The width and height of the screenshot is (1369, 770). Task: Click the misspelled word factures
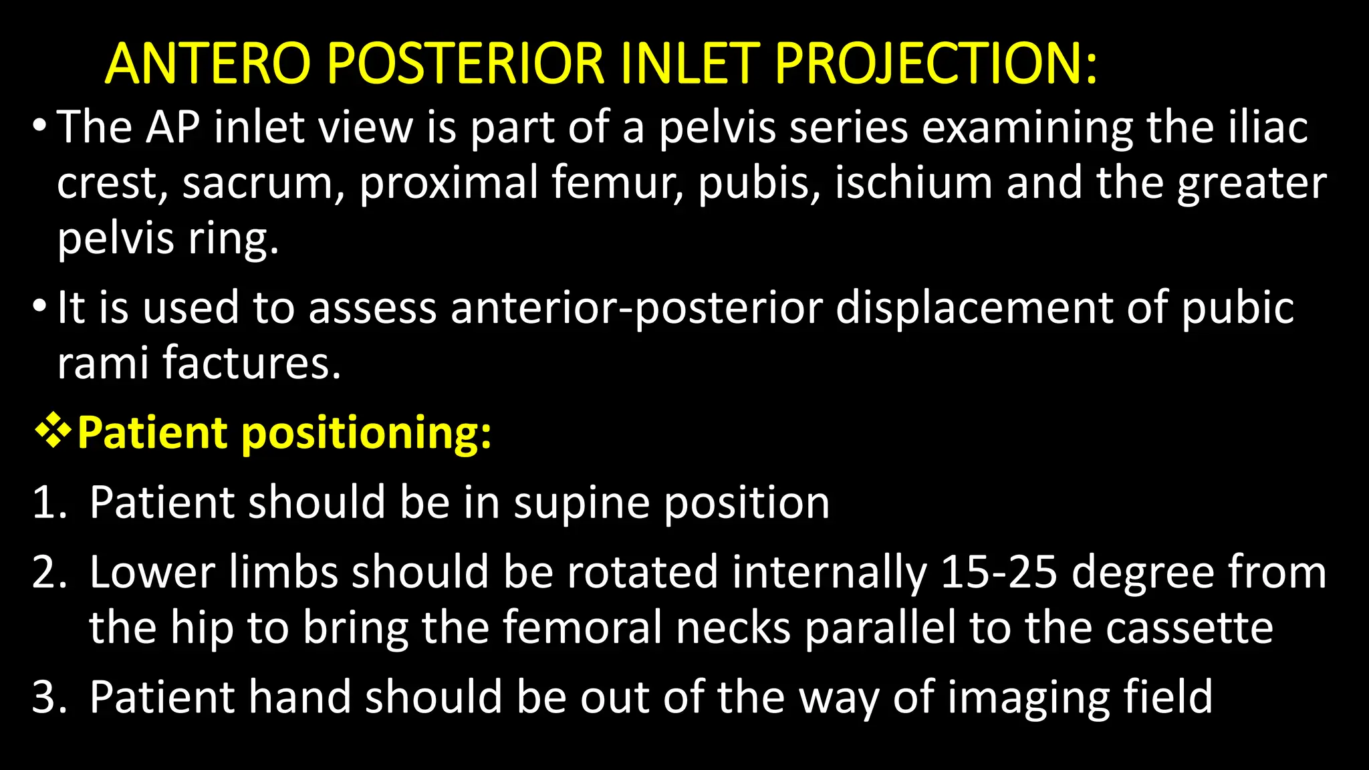tap(251, 363)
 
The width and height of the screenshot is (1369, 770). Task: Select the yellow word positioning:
tap(366, 433)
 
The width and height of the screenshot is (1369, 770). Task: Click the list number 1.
tap(49, 503)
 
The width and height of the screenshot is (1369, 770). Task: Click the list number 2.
tap(49, 573)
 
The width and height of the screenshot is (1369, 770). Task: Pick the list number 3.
tap(49, 697)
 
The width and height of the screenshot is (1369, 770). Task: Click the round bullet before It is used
tap(39, 307)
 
